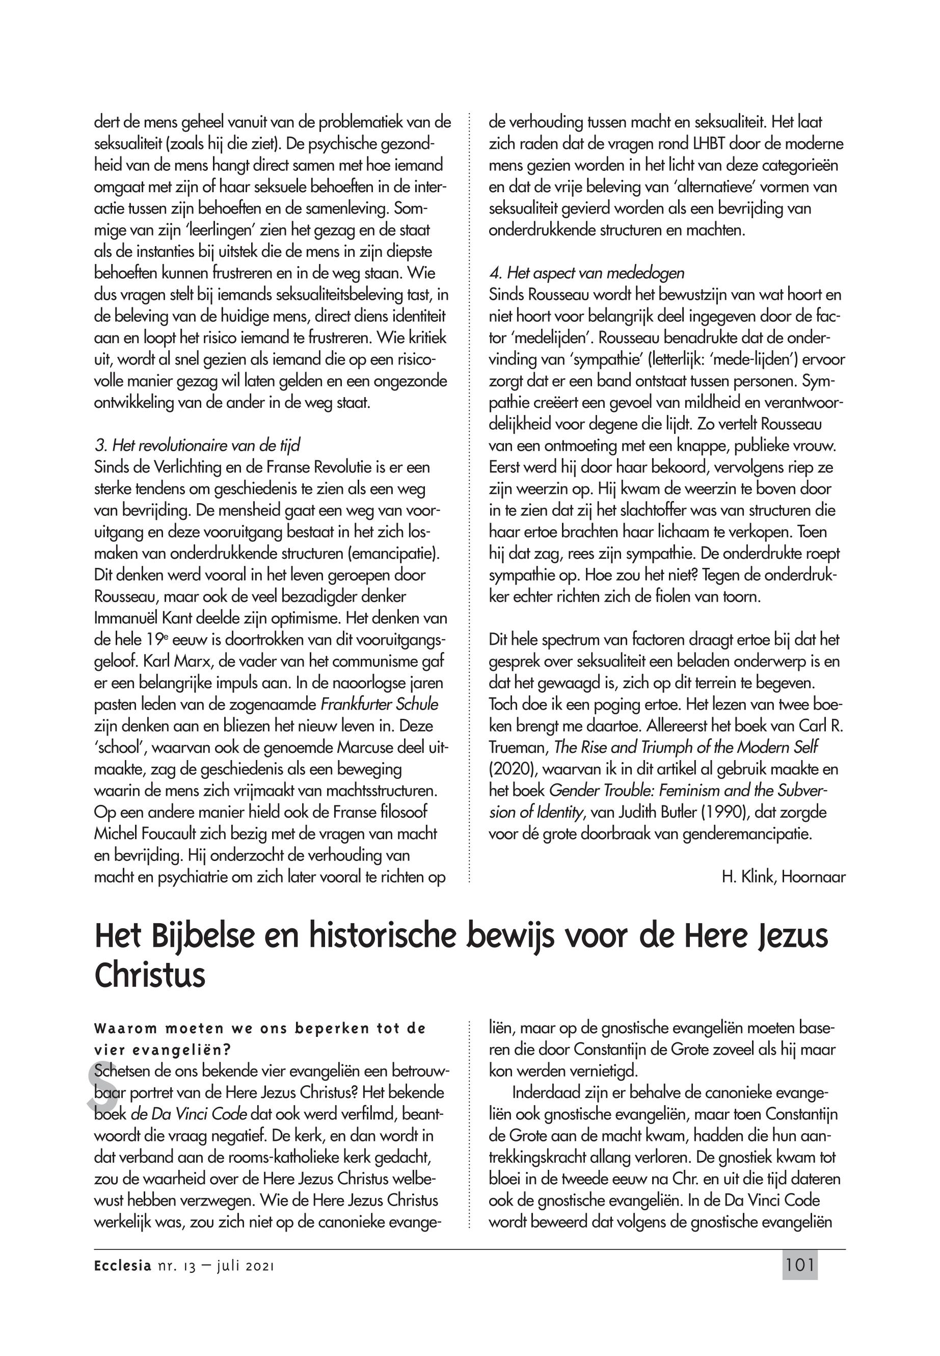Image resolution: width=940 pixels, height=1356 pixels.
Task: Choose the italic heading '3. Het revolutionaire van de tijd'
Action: pyautogui.click(x=201, y=446)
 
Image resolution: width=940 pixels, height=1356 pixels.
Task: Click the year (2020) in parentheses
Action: pyautogui.click(x=512, y=769)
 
